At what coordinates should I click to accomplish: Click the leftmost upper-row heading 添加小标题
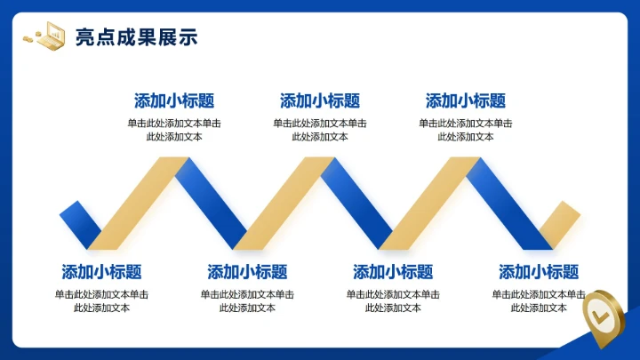click(x=174, y=101)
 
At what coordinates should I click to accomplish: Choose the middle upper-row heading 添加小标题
click(x=320, y=101)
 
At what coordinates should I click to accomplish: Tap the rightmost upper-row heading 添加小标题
click(x=466, y=101)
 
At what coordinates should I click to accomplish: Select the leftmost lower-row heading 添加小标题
click(x=101, y=272)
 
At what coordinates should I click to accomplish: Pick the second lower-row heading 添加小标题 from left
click(x=247, y=272)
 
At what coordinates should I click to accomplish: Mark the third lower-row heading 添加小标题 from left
click(x=393, y=272)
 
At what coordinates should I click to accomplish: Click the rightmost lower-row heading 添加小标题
click(x=539, y=272)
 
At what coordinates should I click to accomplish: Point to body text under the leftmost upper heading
click(x=174, y=130)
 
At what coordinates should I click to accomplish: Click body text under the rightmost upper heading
click(x=466, y=130)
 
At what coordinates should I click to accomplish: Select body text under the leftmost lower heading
click(x=101, y=300)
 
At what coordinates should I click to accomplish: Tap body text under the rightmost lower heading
click(x=539, y=300)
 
